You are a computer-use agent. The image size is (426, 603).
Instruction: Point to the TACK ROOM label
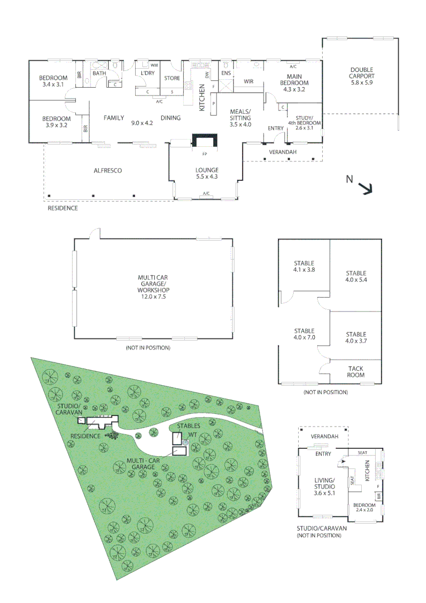coord(356,372)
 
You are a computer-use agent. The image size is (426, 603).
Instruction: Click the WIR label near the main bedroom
coord(249,82)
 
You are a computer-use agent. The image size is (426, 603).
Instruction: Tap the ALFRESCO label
coord(108,170)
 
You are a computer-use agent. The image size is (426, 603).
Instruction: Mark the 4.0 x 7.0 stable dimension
coord(304,337)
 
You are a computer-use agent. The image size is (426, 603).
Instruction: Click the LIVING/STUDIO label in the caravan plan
coord(324,484)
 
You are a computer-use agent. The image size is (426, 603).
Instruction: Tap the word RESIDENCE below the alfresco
coord(63,208)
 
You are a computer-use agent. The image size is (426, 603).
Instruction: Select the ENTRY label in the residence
coord(275,128)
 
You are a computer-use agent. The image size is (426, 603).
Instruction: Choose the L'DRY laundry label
coord(147,73)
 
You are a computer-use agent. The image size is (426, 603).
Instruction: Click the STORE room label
coord(172,78)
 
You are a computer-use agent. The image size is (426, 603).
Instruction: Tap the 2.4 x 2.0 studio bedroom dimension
coord(365,510)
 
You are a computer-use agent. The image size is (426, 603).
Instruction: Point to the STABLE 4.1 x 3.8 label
coord(304,266)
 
